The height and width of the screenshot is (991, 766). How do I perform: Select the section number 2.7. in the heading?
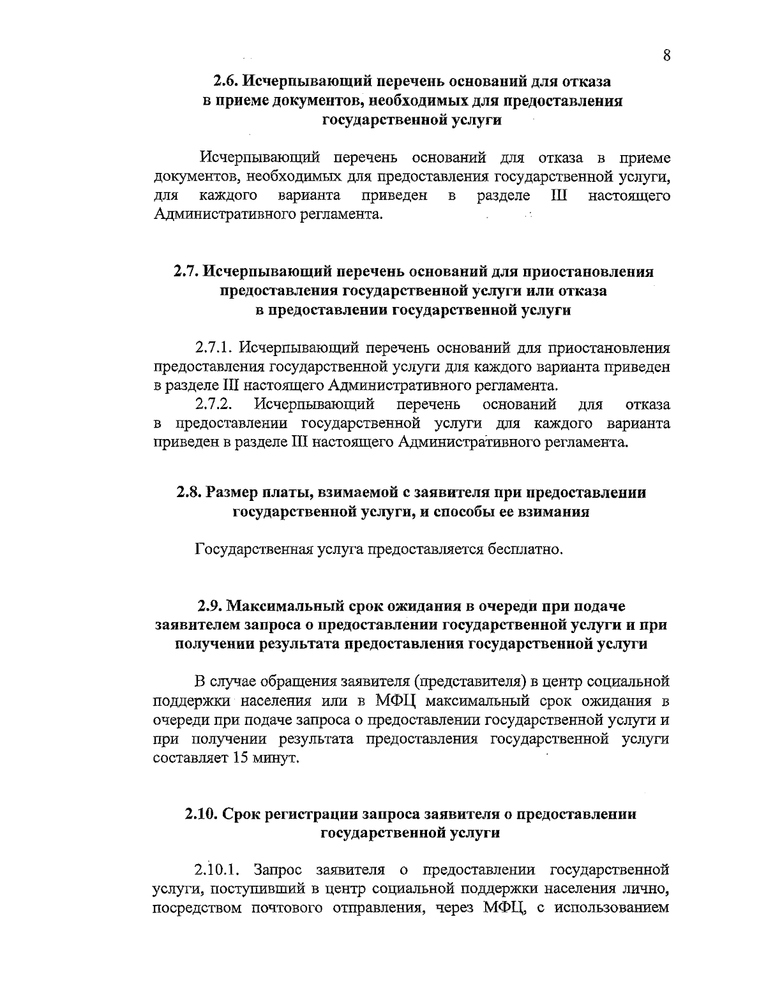[x=187, y=272]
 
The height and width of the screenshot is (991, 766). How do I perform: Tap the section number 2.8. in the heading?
[x=190, y=493]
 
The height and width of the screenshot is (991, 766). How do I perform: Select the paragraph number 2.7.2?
[x=216, y=404]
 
